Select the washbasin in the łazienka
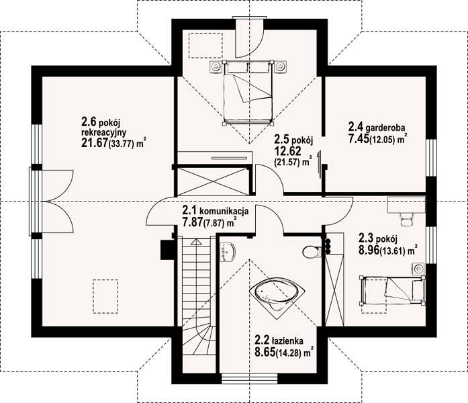pos(228,252)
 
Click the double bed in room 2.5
pos(248,92)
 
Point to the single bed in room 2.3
pos(392,290)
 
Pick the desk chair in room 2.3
pos(406,220)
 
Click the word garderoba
pos(385,128)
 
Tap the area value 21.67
pos(94,143)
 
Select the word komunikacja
pos(224,212)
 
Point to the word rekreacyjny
pos(103,132)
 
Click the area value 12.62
pos(287,150)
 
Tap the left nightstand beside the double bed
pos(215,66)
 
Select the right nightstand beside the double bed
pos(281,66)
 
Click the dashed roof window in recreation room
pos(105,296)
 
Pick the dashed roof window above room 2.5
pos(205,45)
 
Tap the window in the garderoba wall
pos(431,158)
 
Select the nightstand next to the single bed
pos(418,269)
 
